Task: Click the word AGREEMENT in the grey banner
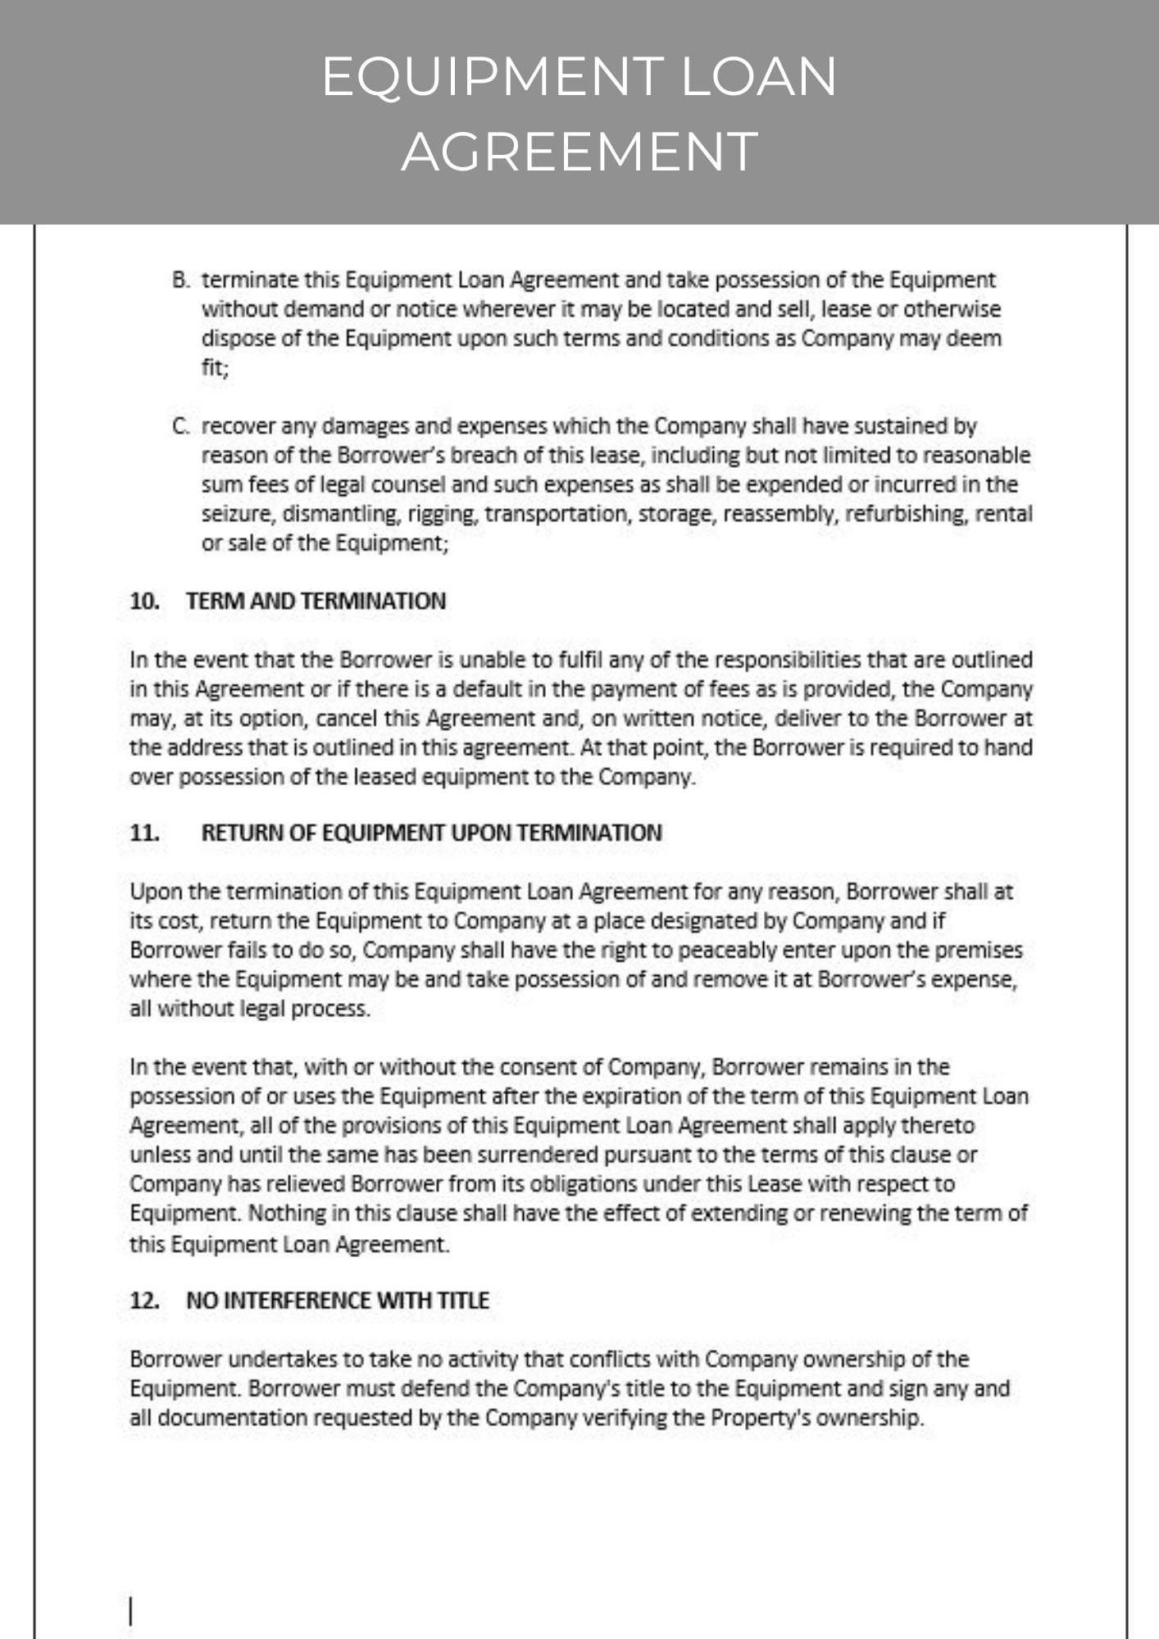(579, 152)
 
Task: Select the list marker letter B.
(180, 280)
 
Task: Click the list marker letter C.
(180, 426)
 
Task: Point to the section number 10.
(144, 602)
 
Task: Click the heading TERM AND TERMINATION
(316, 602)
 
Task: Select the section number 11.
(144, 833)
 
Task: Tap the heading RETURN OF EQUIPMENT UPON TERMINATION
(431, 833)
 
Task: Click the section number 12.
(144, 1301)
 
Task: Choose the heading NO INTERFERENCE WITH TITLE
(337, 1301)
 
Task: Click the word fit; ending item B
(216, 368)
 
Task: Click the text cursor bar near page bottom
(131, 1611)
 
